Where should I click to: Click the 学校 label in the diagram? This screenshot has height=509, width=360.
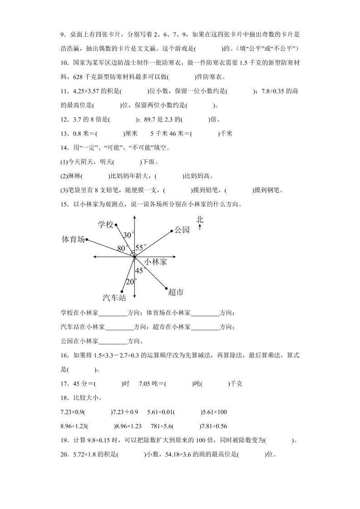tap(105, 225)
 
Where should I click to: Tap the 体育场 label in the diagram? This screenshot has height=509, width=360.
tap(73, 240)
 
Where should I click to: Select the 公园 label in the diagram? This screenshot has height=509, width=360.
tap(182, 230)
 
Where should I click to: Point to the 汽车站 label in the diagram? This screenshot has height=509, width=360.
tap(114, 298)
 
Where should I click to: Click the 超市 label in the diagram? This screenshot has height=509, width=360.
tap(176, 292)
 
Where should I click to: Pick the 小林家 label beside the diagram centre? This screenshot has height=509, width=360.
tap(156, 262)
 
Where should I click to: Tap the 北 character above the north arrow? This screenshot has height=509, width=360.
tap(200, 220)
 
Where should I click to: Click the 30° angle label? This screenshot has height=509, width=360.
tap(129, 235)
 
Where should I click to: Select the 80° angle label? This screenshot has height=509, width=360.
tap(122, 248)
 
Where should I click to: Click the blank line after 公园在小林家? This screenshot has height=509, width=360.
tap(113, 342)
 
